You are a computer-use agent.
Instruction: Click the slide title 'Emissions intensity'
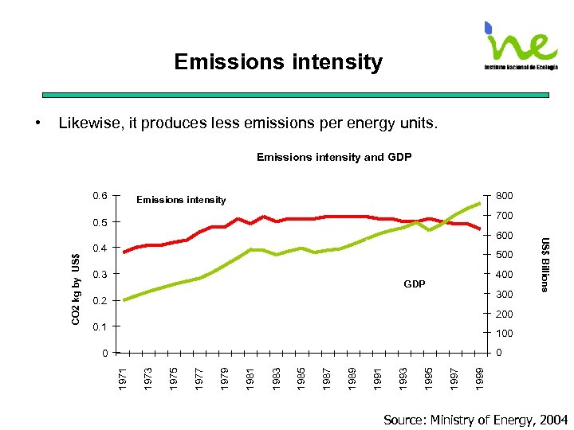pyautogui.click(x=278, y=62)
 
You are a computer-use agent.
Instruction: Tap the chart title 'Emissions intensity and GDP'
pyautogui.click(x=334, y=157)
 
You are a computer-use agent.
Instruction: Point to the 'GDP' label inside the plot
pyautogui.click(x=415, y=283)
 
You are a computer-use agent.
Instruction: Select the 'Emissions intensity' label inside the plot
pyautogui.click(x=181, y=200)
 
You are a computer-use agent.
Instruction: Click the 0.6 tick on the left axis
pyautogui.click(x=100, y=195)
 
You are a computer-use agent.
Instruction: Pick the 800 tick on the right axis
pyautogui.click(x=504, y=195)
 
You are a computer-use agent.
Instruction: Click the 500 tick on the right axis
pyautogui.click(x=504, y=255)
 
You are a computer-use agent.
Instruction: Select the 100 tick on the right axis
pyautogui.click(x=504, y=334)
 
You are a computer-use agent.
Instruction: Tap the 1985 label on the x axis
pyautogui.click(x=301, y=377)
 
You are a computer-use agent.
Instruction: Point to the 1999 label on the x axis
pyautogui.click(x=478, y=377)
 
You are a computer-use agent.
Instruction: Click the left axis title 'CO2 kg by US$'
pyautogui.click(x=75, y=288)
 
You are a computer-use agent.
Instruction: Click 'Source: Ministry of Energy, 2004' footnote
pyautogui.click(x=476, y=420)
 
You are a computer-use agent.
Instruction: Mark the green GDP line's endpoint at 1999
pyautogui.click(x=480, y=202)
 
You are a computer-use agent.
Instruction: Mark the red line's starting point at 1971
pyautogui.click(x=124, y=252)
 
